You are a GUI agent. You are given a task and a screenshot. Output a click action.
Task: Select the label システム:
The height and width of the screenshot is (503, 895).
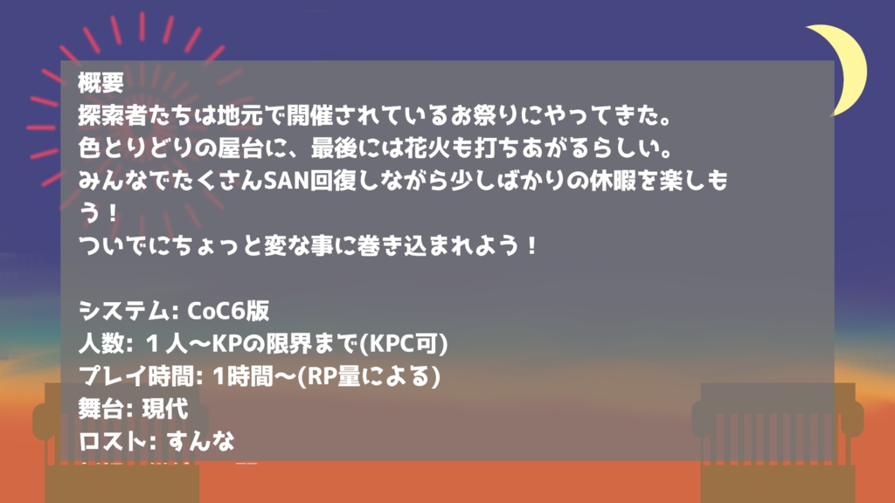tap(128, 311)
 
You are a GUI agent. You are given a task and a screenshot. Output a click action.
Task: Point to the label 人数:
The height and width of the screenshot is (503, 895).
tap(106, 343)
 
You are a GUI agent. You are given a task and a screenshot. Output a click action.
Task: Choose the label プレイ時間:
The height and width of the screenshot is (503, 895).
tap(141, 376)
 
